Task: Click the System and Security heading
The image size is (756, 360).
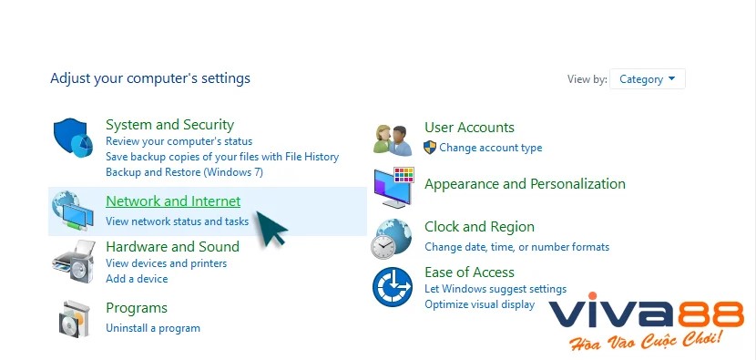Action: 169,125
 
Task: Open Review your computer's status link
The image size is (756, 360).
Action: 179,141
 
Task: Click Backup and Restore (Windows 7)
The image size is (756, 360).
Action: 184,171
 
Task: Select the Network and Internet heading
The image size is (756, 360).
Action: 173,201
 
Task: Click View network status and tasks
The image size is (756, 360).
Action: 177,221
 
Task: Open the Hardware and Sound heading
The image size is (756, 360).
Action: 172,246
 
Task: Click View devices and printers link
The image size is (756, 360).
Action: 166,263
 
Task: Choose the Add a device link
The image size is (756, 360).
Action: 137,278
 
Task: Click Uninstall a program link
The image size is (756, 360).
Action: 152,327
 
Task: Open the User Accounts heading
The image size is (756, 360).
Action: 469,128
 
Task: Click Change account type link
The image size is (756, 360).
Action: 490,147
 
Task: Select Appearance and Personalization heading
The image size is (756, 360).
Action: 525,184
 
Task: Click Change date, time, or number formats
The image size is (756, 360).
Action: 516,246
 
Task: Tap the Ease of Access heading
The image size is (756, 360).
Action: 469,273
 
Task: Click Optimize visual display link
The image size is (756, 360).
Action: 479,303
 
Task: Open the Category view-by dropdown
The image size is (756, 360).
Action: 647,79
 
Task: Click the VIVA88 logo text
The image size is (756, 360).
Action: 646,315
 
